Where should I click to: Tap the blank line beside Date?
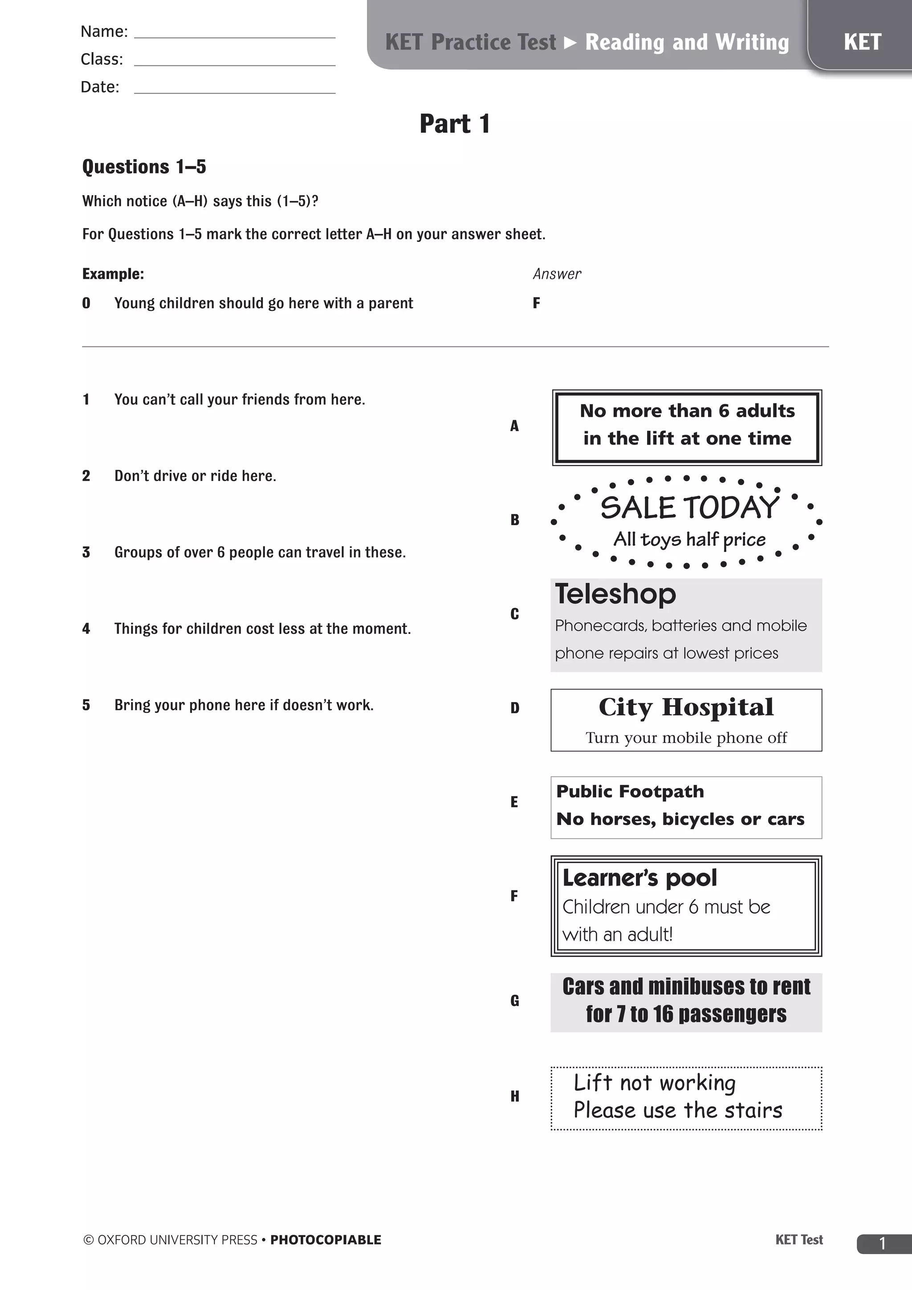[235, 92]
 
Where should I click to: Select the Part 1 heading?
[455, 123]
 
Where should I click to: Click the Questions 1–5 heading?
[144, 167]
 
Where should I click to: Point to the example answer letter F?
[536, 303]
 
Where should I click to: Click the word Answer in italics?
[557, 274]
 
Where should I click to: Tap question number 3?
[86, 552]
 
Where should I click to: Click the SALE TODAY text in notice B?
[690, 507]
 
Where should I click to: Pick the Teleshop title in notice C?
[615, 594]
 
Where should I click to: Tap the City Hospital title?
[686, 707]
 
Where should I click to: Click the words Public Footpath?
[630, 792]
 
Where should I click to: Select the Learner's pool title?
[639, 878]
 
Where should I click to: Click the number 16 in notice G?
[663, 1014]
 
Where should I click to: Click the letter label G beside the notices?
[514, 1000]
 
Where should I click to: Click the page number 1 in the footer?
[882, 1243]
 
